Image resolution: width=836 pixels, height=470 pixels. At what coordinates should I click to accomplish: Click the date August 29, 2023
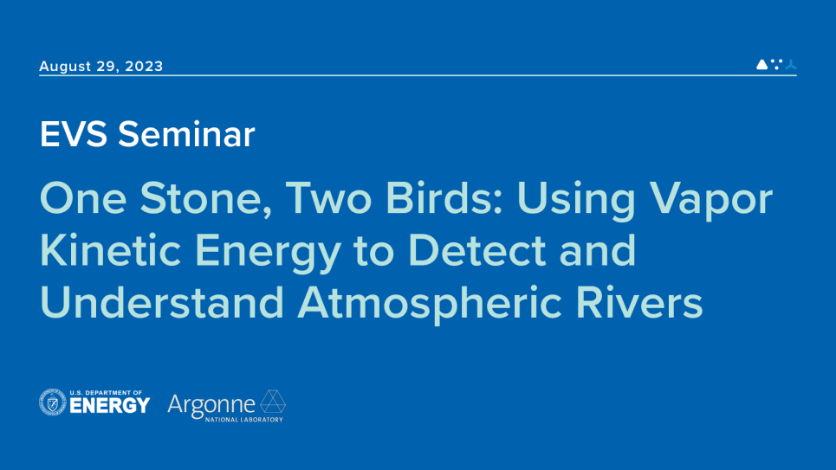tap(100, 66)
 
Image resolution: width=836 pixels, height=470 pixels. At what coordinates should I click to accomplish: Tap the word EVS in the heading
tap(74, 134)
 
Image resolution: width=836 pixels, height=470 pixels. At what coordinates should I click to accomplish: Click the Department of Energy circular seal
tap(52, 402)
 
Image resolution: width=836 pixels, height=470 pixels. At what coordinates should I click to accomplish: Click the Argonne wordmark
tap(211, 403)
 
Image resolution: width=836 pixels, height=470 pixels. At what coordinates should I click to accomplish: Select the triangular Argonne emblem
tap(273, 402)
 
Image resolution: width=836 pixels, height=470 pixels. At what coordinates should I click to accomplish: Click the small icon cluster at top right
tap(775, 64)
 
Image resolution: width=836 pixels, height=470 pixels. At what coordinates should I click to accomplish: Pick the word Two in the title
tap(327, 201)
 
